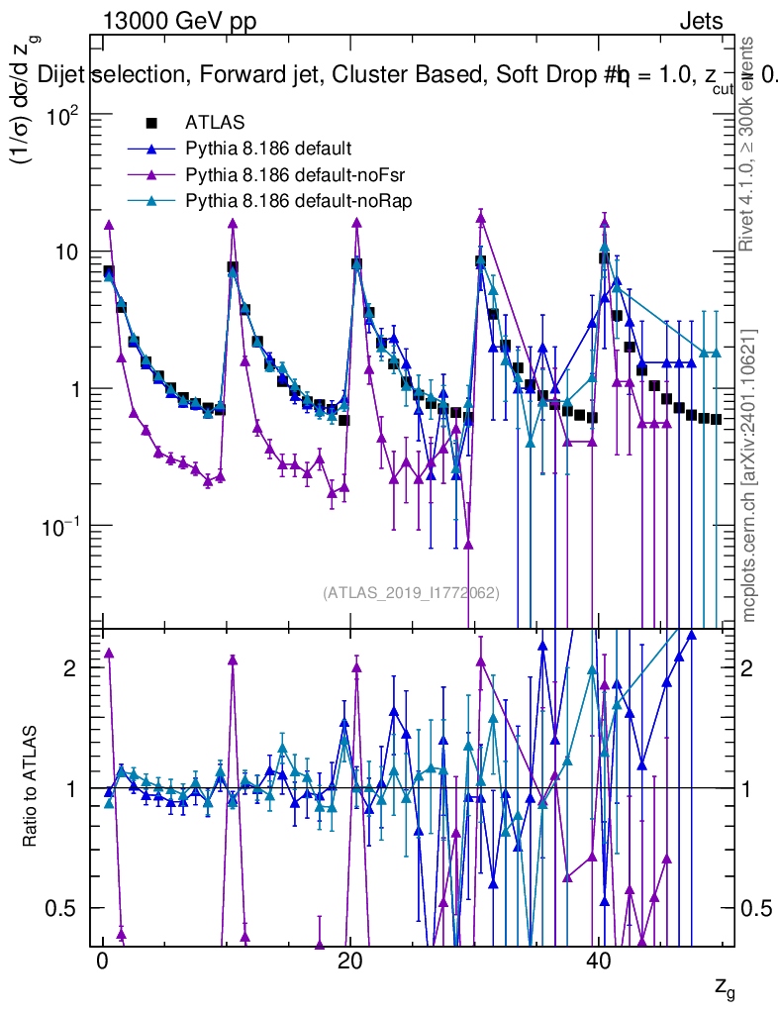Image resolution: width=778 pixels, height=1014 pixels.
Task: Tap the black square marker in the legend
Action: pos(151,123)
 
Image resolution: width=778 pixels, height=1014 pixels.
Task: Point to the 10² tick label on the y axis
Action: pos(61,116)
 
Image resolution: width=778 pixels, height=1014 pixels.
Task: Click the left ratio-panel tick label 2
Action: pos(69,668)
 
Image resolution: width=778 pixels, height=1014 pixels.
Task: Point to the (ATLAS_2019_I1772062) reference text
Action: pos(411,593)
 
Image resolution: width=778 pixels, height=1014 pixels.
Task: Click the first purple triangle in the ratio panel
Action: pos(109,653)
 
